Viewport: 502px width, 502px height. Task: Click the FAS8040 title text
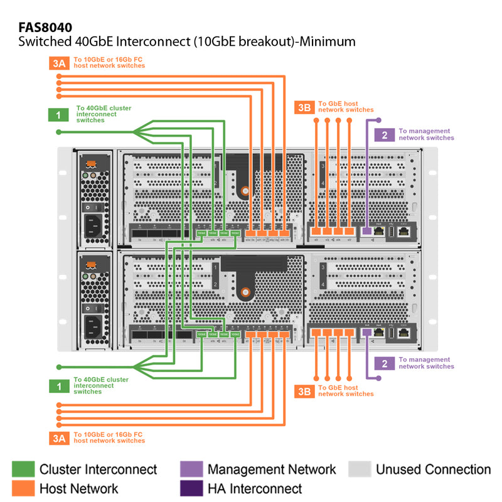pyautogui.click(x=45, y=27)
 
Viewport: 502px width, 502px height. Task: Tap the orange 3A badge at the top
pyautogui.click(x=58, y=62)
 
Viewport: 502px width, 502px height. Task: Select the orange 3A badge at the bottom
pyautogui.click(x=58, y=438)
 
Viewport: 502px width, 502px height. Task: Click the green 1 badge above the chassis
pyautogui.click(x=58, y=115)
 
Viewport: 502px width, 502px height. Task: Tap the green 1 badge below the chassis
pyautogui.click(x=58, y=386)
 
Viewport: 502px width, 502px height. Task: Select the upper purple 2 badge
pyautogui.click(x=383, y=134)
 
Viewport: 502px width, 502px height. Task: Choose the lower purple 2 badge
pyautogui.click(x=383, y=363)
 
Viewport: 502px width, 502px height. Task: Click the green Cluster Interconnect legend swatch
pyautogui.click(x=23, y=469)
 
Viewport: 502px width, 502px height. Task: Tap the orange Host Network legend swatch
pyautogui.click(x=23, y=488)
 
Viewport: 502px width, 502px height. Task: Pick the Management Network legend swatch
pyautogui.click(x=191, y=469)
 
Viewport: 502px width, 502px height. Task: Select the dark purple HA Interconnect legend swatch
pyautogui.click(x=191, y=488)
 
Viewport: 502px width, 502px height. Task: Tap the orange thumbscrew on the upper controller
pyautogui.click(x=244, y=191)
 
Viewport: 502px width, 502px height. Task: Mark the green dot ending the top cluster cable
pyautogui.click(x=58, y=132)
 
